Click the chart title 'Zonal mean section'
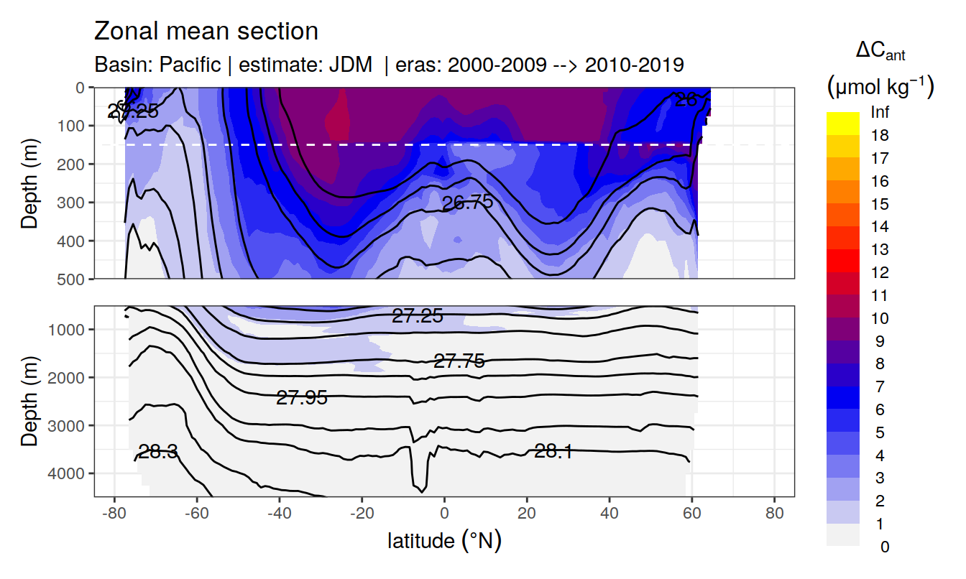point(206,32)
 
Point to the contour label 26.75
point(467,203)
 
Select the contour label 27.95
point(302,397)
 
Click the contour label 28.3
point(157,452)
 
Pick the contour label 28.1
point(553,451)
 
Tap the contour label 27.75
point(459,361)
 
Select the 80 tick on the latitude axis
point(774,514)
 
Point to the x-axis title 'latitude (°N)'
point(444,540)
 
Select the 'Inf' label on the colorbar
point(880,113)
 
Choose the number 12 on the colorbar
point(880,273)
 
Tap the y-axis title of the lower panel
point(29,401)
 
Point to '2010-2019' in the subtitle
point(634,65)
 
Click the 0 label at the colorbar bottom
point(884,547)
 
